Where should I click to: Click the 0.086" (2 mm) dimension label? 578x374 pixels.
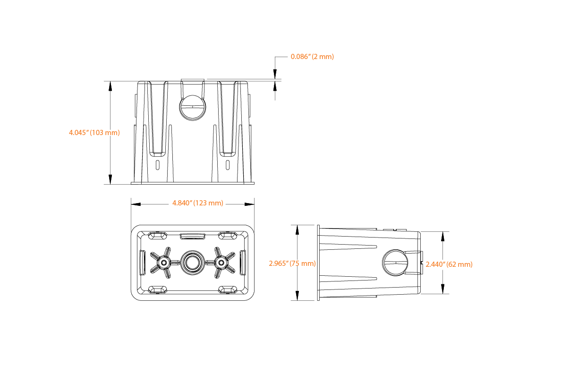(312, 57)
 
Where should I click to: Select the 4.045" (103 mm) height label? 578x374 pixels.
(94, 133)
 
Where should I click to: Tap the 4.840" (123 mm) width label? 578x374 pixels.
(198, 203)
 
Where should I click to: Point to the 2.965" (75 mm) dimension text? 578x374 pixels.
(292, 263)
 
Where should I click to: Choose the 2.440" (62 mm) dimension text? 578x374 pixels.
(449, 264)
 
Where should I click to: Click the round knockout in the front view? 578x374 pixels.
(193, 108)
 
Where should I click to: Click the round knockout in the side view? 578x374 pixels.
(395, 263)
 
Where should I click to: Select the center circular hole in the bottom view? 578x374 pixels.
(193, 263)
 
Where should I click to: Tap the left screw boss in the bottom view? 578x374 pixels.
(163, 263)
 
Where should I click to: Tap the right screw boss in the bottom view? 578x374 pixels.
(221, 263)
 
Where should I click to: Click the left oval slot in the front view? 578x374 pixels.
(157, 165)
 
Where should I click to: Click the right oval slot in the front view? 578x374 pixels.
(228, 165)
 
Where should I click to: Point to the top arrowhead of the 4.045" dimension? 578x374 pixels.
(110, 86)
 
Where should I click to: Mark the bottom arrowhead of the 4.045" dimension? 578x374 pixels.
(110, 179)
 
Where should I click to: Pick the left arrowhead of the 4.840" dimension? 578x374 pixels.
(136, 204)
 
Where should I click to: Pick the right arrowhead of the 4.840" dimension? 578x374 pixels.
(249, 204)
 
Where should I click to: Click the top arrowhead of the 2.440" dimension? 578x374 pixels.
(443, 237)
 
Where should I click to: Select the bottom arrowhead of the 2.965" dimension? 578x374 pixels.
(297, 296)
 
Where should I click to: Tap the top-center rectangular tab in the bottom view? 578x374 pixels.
(193, 236)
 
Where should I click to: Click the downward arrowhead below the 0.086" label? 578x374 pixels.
(275, 74)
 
